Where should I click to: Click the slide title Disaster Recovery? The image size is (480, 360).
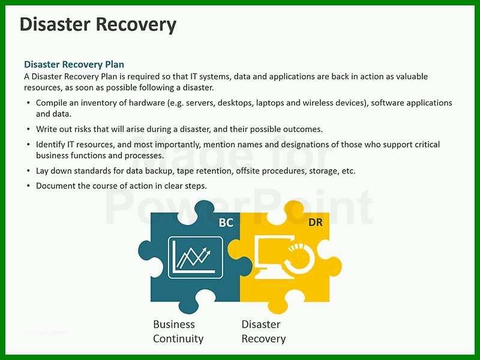pos(98,25)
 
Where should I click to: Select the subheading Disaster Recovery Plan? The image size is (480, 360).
pos(74,64)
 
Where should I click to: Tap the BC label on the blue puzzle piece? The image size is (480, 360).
pos(226,223)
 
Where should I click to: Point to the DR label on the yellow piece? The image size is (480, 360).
pos(316,222)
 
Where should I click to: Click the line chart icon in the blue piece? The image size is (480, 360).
pos(196,257)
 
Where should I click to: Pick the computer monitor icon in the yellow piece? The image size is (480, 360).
pos(275,257)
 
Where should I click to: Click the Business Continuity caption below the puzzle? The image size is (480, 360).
pos(178,331)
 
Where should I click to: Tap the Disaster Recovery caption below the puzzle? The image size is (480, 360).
pos(263,331)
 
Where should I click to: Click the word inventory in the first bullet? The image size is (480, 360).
pos(99,103)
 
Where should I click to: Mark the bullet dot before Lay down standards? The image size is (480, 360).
pos(28,170)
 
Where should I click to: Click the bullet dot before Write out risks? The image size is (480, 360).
pos(28,129)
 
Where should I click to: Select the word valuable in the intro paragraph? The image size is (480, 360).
pos(412,77)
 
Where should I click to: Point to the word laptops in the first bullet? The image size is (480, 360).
pos(270,103)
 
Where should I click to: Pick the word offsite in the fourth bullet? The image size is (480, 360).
pos(248,171)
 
